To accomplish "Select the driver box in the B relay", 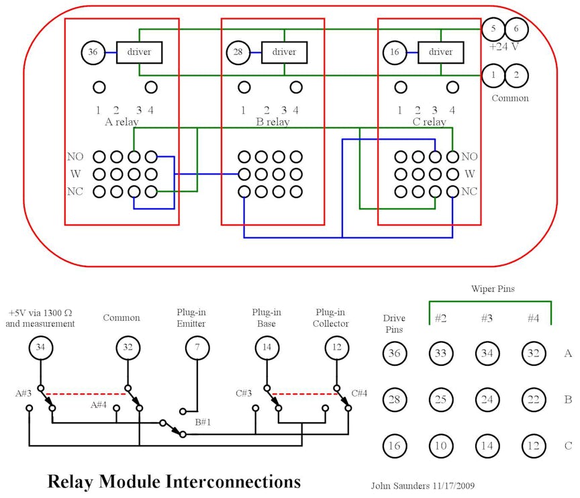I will click(x=284, y=52).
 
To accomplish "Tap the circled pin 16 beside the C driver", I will click(x=395, y=52).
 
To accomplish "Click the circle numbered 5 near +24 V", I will click(x=493, y=29).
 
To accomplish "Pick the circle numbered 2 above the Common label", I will click(x=516, y=75).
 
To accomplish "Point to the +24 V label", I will click(x=505, y=46).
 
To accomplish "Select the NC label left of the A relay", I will click(x=75, y=191).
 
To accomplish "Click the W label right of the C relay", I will click(x=469, y=174).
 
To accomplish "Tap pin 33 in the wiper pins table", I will click(x=441, y=353).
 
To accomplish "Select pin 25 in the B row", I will click(x=441, y=400).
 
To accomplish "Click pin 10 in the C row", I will click(x=441, y=446).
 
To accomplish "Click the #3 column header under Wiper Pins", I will click(x=487, y=319).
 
